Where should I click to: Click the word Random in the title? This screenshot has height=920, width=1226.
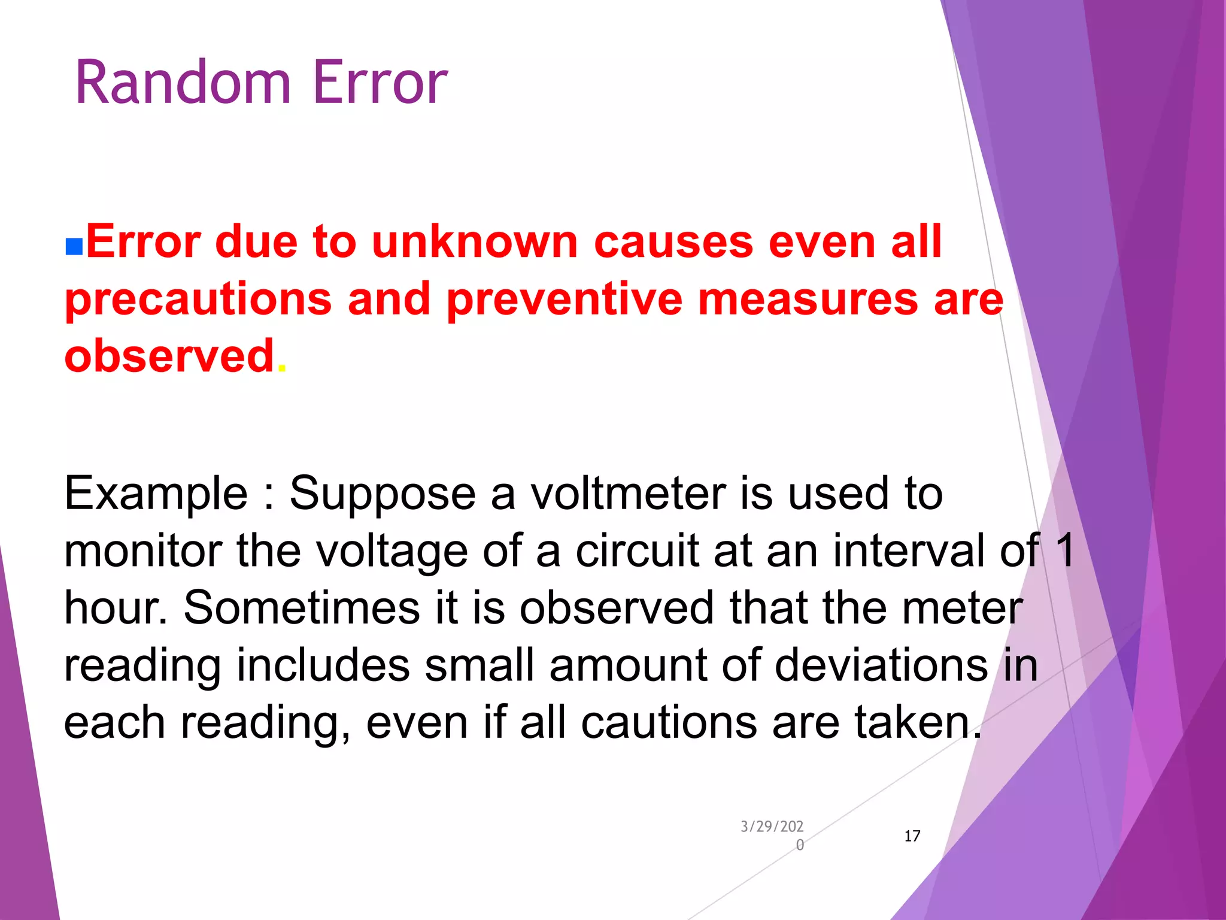click(183, 83)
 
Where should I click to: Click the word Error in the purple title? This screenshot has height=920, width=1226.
click(380, 83)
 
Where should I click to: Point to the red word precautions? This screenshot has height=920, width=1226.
click(198, 299)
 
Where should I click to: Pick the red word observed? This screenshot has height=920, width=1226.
click(169, 356)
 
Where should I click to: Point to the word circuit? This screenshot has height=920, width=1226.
click(637, 550)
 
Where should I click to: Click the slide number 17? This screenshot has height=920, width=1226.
click(912, 836)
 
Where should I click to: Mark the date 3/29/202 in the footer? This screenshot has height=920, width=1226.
click(772, 827)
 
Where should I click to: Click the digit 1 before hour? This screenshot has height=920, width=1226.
click(1066, 550)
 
